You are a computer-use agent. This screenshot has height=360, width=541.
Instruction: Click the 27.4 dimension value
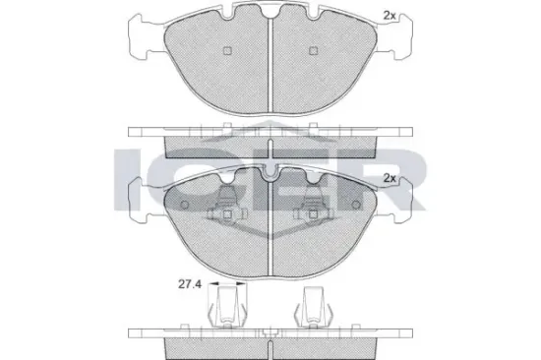coord(190,285)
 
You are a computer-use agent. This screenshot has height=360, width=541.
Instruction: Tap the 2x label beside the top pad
coord(390,15)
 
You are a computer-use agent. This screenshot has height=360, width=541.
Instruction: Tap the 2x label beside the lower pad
coord(390,178)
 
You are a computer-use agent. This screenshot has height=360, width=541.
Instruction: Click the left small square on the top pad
coord(227,51)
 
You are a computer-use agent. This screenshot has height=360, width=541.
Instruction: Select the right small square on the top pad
coord(313,51)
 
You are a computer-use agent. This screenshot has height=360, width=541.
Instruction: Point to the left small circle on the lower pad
coord(185,205)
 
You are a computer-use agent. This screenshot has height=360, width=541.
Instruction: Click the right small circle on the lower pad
coord(356,205)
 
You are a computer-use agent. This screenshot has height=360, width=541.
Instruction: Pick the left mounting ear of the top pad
coord(141,36)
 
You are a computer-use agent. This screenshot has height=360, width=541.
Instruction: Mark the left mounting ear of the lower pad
coord(141,201)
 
